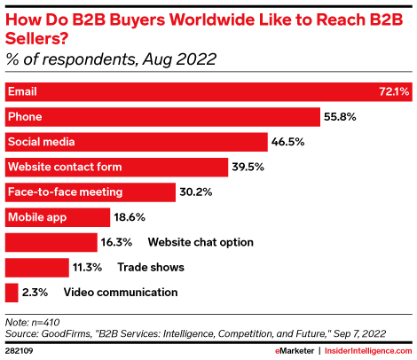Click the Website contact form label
pyautogui.click(x=65, y=166)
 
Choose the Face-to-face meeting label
pyautogui.click(x=65, y=191)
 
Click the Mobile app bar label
pyautogui.click(x=36, y=215)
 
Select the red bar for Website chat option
pyautogui.click(x=51, y=241)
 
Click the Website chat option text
pyautogui.click(x=201, y=241)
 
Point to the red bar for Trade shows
pyautogui.click(x=36, y=266)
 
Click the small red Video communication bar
pyautogui.click(x=12, y=291)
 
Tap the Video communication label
pyautogui.click(x=121, y=291)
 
